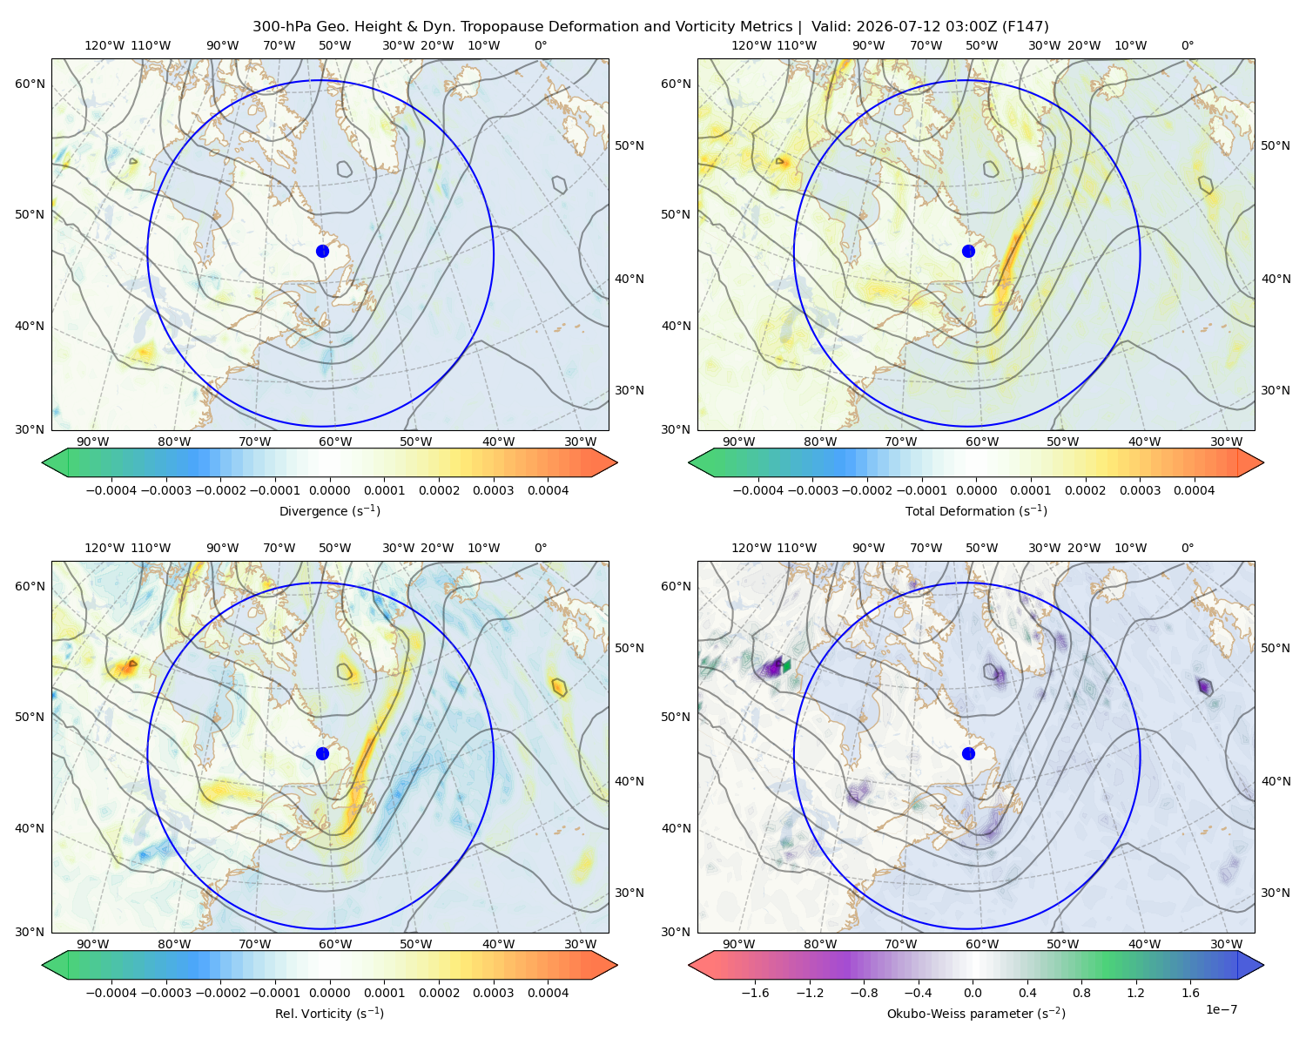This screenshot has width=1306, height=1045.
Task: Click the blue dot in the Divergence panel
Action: [322, 251]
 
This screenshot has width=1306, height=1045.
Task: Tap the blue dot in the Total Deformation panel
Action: [968, 251]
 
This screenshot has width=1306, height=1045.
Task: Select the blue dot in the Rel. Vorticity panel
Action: [322, 753]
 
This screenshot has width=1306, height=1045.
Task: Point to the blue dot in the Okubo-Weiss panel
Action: [968, 753]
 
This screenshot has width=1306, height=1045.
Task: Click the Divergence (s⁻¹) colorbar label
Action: [329, 510]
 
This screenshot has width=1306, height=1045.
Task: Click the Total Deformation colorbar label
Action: [976, 510]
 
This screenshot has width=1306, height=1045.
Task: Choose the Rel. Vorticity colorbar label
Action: [329, 1013]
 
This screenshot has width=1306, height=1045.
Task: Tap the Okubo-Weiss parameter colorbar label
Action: [976, 1013]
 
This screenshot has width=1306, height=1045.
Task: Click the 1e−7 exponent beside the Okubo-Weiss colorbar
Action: [1221, 1009]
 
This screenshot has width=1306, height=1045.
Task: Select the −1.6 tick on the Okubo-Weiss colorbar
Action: [755, 993]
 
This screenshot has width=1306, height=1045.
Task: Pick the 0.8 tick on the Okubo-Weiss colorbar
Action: [1081, 993]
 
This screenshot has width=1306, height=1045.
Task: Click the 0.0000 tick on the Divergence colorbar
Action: [329, 490]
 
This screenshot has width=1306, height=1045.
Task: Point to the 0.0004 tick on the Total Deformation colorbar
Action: [1194, 490]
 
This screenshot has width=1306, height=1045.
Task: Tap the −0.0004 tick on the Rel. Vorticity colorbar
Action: [111, 993]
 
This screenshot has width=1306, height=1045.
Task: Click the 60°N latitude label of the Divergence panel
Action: [30, 84]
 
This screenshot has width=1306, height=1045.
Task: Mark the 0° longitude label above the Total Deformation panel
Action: [1187, 45]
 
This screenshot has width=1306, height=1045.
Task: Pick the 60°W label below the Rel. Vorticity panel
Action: [335, 944]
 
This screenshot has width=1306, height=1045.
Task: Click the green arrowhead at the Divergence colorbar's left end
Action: [56, 462]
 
